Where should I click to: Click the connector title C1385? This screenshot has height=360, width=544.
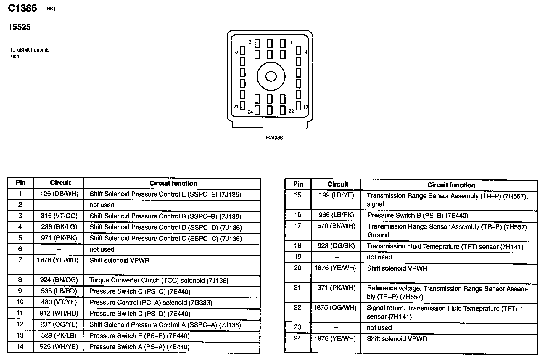(22, 8)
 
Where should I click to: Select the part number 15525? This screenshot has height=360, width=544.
(20, 27)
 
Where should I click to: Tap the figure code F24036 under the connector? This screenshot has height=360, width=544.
(274, 138)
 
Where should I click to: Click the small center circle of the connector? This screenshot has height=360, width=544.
(271, 76)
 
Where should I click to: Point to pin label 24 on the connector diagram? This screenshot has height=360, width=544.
(250, 112)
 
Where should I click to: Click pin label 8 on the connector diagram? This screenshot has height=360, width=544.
(236, 52)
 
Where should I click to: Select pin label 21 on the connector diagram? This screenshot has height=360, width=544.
(236, 107)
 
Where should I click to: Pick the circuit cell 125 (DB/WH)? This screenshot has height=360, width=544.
(59, 194)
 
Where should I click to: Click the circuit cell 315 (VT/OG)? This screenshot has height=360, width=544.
(59, 216)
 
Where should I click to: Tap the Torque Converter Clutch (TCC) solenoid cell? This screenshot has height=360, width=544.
(159, 280)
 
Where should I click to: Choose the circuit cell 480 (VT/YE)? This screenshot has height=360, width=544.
(59, 302)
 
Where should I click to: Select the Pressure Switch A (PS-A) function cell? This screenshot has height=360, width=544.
(139, 347)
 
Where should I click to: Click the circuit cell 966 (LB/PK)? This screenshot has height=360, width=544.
(336, 215)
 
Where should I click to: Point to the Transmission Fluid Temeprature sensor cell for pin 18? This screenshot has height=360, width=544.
(445, 247)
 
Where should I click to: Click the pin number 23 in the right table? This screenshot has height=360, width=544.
(297, 327)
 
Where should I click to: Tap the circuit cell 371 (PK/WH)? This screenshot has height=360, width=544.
(336, 288)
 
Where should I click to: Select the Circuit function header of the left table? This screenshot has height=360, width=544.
(173, 184)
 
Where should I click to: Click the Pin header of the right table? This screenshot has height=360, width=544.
(298, 184)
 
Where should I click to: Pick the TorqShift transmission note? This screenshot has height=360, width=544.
(30, 53)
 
